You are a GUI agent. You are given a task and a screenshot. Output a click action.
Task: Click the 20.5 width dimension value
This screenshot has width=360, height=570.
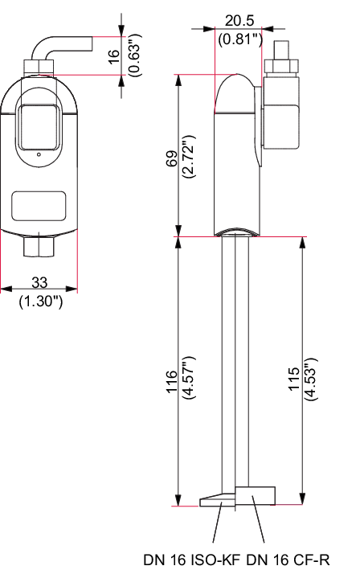tap(239, 20)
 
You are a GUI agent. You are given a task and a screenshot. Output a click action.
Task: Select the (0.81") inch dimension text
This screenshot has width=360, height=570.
tap(240, 39)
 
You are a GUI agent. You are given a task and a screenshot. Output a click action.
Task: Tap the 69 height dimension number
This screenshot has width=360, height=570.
tap(171, 158)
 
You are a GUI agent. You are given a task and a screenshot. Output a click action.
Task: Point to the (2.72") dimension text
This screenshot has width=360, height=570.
tap(190, 157)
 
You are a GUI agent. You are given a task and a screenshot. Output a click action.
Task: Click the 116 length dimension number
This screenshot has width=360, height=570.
tap(171, 381)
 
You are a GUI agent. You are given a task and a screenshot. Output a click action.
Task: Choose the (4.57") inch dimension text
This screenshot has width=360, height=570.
tap(190, 378)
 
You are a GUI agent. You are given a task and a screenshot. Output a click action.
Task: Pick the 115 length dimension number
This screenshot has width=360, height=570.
tap(293, 379)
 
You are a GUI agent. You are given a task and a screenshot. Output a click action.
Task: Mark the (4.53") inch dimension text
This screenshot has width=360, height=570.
tap(311, 379)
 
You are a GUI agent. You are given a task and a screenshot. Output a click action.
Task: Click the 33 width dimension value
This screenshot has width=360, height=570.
tap(39, 282)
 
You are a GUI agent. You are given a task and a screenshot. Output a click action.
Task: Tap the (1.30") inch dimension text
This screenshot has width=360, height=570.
tap(41, 301)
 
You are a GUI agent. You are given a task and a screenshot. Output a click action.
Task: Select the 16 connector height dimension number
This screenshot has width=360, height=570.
tap(114, 56)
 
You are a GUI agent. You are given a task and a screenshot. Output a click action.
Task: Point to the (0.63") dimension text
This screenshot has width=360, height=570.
tap(135, 55)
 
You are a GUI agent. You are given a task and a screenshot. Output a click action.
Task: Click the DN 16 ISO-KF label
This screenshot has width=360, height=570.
tap(192, 560)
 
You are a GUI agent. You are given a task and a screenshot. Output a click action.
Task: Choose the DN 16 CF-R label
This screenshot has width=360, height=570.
tap(288, 560)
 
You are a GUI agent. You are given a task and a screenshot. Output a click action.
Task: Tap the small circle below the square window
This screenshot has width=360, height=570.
tap(39, 155)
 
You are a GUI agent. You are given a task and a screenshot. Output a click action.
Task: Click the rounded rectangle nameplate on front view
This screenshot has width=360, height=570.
tap(39, 206)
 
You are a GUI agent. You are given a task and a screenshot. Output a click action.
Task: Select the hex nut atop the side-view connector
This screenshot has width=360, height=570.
tap(282, 66)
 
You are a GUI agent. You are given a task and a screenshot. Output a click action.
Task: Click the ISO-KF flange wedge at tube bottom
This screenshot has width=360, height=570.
tap(217, 500)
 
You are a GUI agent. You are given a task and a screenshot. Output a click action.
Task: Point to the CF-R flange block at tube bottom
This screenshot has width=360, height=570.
tap(255, 495)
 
